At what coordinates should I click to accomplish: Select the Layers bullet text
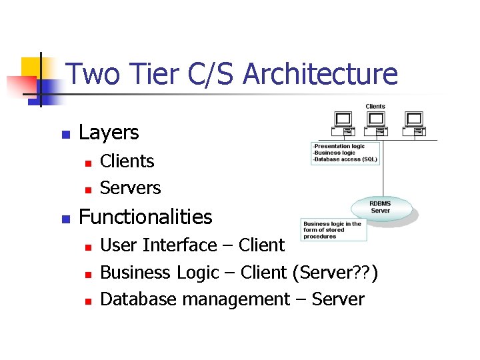(109, 133)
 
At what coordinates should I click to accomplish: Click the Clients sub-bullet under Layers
(127, 161)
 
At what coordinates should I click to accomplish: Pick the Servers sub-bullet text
(130, 188)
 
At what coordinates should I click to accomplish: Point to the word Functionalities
(145, 217)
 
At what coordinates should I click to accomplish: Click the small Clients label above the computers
(375, 106)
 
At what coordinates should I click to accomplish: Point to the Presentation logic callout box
(345, 153)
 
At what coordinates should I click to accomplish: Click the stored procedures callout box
(333, 230)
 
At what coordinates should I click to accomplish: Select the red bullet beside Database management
(87, 301)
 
